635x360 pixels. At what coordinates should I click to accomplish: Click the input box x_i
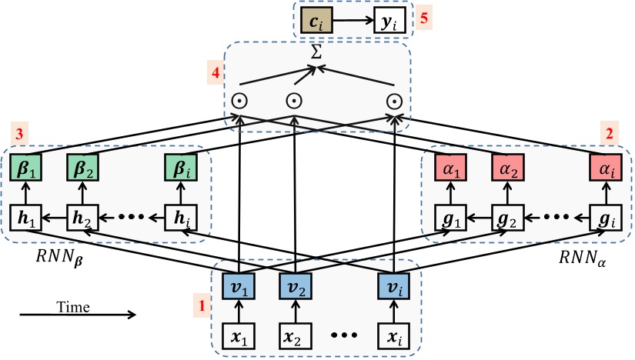[x=393, y=336]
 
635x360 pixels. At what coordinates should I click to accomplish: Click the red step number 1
[x=202, y=305]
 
